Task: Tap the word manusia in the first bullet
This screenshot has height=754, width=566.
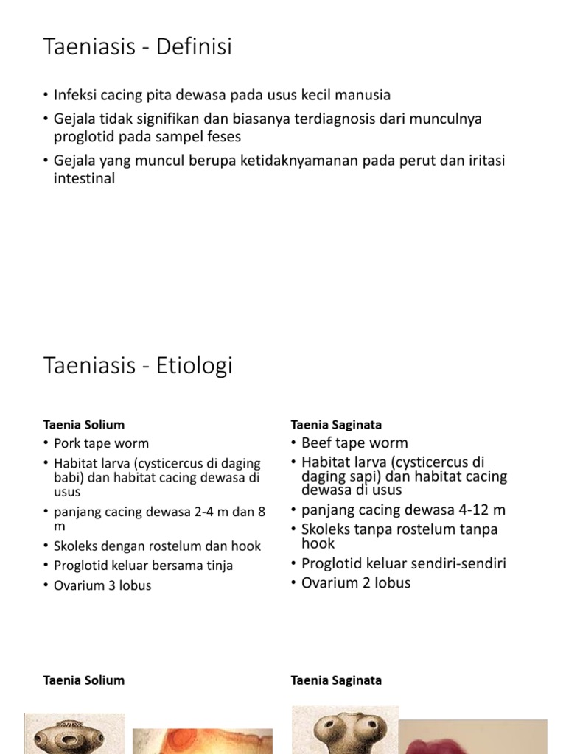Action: point(364,95)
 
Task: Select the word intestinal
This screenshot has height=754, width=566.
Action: point(84,178)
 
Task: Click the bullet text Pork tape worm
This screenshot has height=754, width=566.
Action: point(101,443)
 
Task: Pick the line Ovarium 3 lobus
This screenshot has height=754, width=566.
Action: point(102,586)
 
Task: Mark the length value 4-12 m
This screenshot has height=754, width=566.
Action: point(479,510)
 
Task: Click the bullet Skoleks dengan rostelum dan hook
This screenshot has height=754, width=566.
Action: point(157,546)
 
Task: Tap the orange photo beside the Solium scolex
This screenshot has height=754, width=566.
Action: point(202,740)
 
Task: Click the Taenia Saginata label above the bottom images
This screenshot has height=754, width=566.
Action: point(336,680)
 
